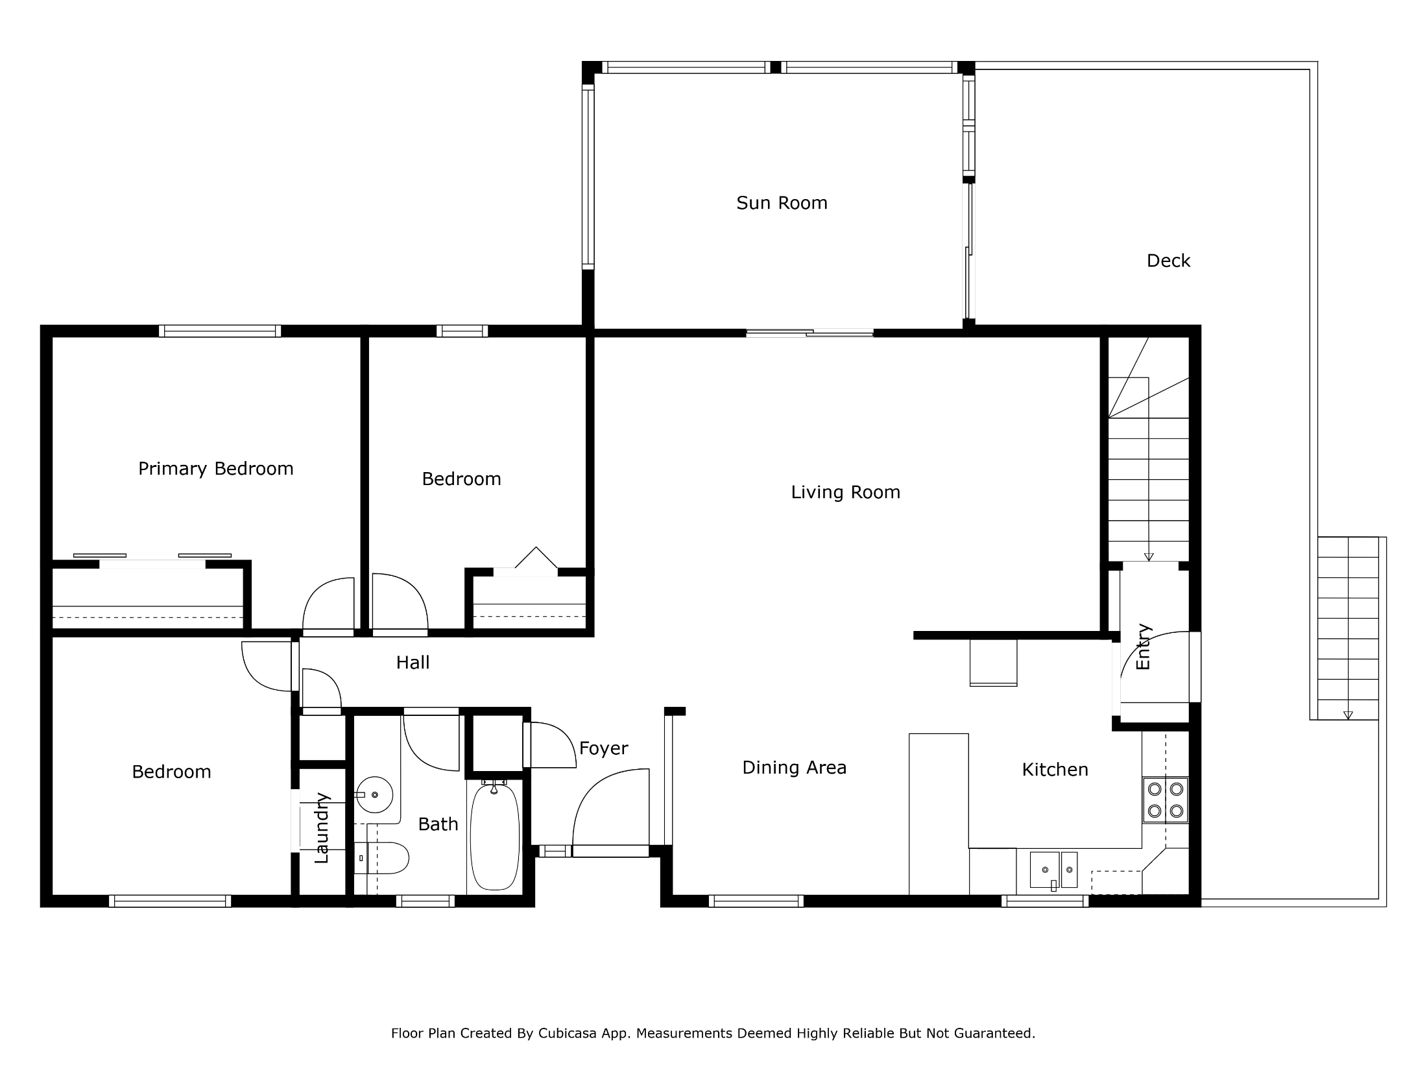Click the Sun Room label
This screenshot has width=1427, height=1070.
782,203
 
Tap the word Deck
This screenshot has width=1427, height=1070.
1168,261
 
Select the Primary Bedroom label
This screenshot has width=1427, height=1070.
216,469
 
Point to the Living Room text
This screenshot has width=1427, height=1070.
846,492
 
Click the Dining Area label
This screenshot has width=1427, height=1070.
795,768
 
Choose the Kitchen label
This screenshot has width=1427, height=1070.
1055,770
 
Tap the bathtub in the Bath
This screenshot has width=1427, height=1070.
494,835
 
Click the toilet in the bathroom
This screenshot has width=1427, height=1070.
382,859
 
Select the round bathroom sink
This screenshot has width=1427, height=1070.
374,794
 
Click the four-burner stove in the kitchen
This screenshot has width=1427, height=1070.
1166,800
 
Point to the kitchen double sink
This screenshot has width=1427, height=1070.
1053,870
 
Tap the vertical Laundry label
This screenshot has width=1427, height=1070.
322,828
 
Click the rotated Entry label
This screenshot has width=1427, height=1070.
1144,647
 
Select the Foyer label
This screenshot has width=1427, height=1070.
604,748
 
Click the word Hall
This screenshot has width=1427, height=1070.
413,662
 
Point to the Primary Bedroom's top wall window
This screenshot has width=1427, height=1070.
220,331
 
